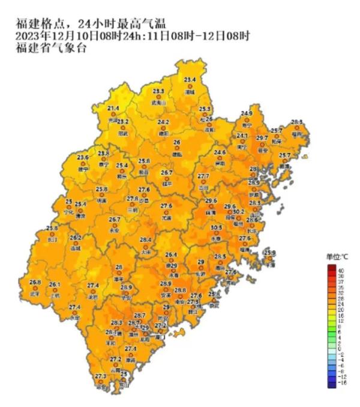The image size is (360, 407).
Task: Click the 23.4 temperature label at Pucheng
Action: (190, 80)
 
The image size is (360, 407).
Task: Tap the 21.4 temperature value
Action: (113, 108)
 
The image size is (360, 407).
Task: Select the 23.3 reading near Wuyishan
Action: (158, 91)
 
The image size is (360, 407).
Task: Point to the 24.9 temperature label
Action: (247, 113)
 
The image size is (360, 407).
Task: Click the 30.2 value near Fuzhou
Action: (239, 211)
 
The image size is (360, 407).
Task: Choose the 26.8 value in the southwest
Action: (35, 282)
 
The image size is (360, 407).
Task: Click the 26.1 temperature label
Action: (55, 285)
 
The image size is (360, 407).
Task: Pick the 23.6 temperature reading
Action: (83, 157)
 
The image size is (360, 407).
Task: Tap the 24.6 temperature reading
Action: (220, 152)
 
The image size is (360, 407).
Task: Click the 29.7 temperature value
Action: (262, 138)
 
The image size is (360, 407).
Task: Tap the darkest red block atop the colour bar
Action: (331, 268)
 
